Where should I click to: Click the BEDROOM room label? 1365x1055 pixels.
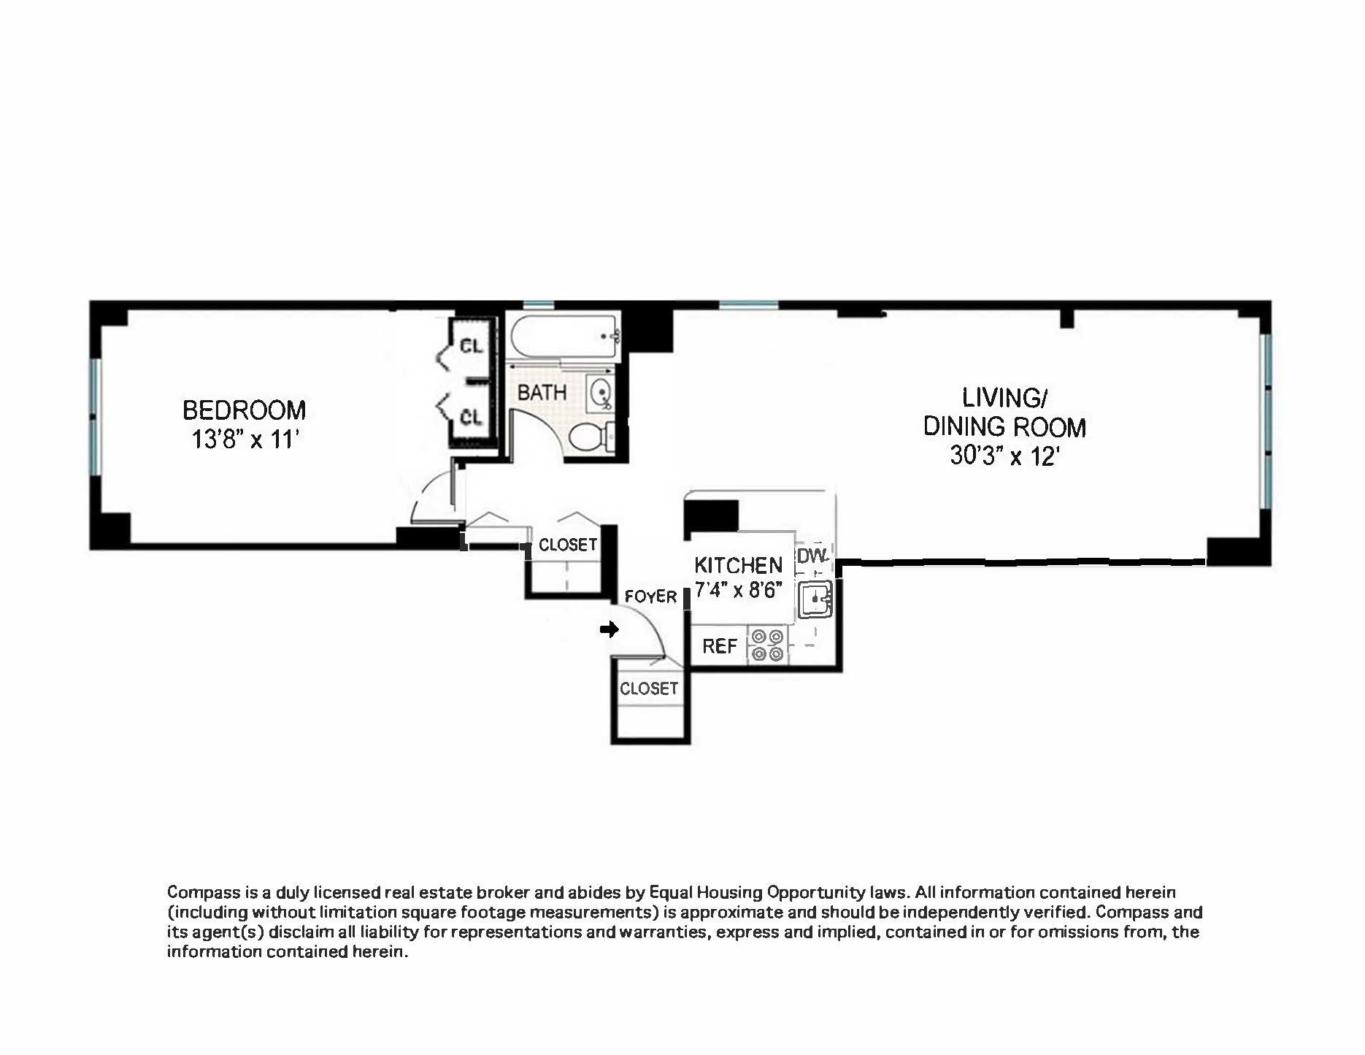tap(244, 410)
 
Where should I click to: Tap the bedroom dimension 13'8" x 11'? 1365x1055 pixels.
tap(246, 440)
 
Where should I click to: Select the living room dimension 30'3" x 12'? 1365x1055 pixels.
tap(1004, 456)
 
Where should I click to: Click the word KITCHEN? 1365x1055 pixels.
tap(738, 565)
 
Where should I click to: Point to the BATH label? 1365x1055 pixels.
tap(542, 393)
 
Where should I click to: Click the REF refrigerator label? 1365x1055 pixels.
tap(719, 646)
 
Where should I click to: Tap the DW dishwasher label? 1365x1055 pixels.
tap(812, 556)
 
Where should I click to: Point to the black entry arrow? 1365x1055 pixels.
tap(609, 629)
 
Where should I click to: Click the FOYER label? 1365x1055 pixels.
tap(650, 597)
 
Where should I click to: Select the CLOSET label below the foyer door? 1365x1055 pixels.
tap(648, 688)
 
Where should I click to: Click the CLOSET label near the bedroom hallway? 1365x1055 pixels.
tap(567, 545)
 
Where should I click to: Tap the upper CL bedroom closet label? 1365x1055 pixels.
tap(471, 346)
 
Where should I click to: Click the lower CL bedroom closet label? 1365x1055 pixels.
tap(471, 417)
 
